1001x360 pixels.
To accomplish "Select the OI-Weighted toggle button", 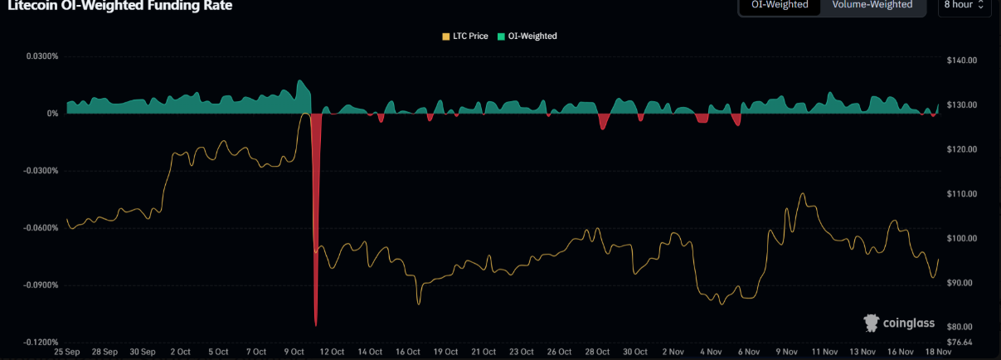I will pyautogui.click(x=780, y=5).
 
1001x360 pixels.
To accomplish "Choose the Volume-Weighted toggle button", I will pyautogui.click(x=872, y=5).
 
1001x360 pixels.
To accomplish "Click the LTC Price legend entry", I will pyautogui.click(x=465, y=36).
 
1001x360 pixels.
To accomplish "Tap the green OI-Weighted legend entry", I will pyautogui.click(x=527, y=36).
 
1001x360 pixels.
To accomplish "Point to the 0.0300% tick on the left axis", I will pyautogui.click(x=41, y=56).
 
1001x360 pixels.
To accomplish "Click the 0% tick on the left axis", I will pyautogui.click(x=51, y=114).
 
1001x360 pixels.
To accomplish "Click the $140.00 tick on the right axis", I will pyautogui.click(x=962, y=61).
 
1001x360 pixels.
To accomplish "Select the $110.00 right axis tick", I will pyautogui.click(x=962, y=194).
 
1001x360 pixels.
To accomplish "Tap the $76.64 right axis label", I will pyautogui.click(x=960, y=342).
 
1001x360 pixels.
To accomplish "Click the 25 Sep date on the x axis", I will pyautogui.click(x=66, y=352).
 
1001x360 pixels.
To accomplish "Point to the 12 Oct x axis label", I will pyautogui.click(x=331, y=352).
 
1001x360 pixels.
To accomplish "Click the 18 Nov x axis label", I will pyautogui.click(x=938, y=352).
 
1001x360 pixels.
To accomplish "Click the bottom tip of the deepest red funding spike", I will pyautogui.click(x=316, y=325).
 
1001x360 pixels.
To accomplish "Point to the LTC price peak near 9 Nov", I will pyautogui.click(x=802, y=193).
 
